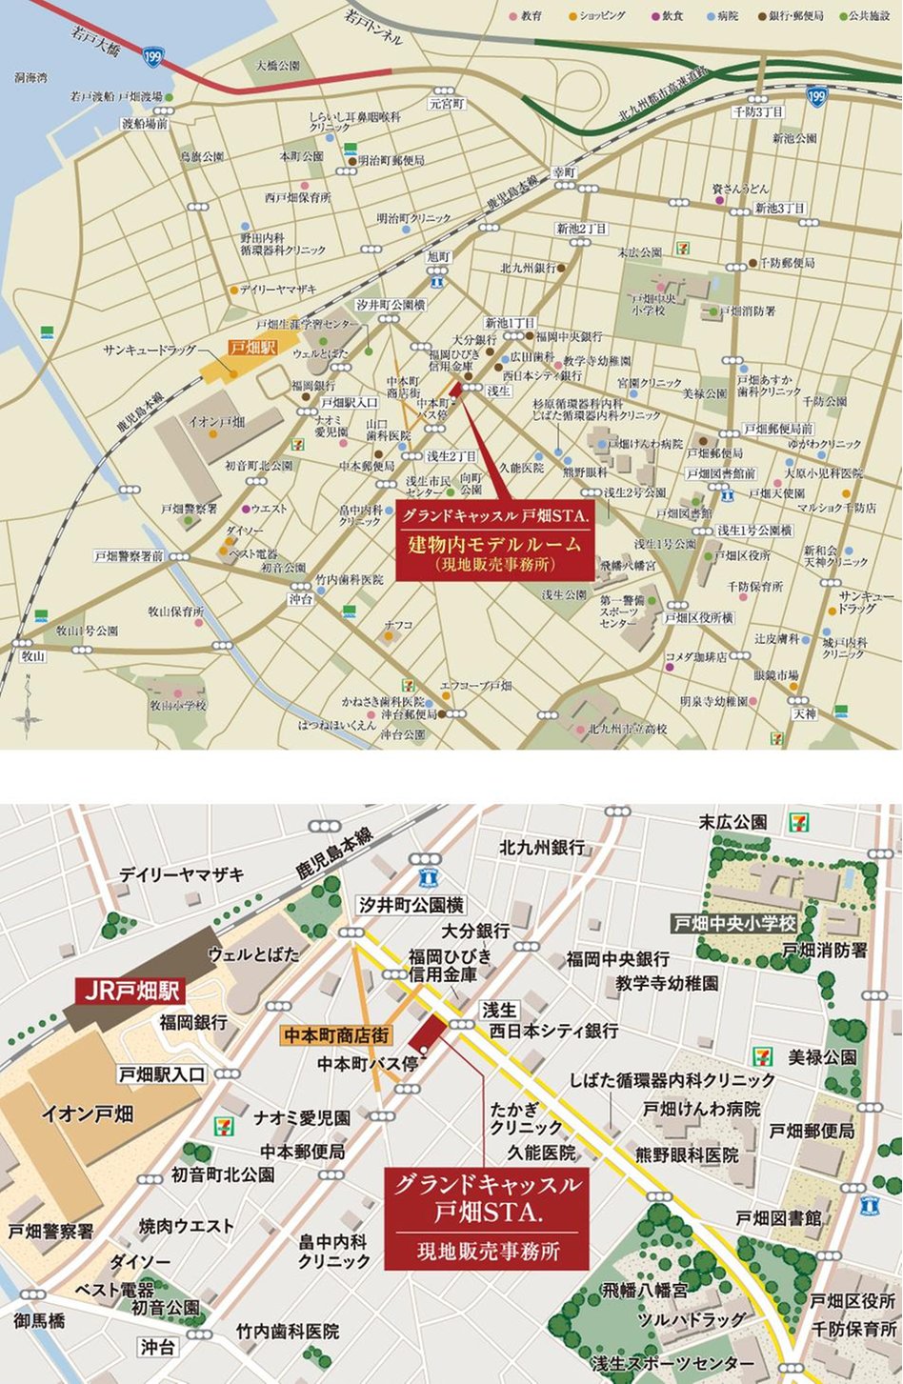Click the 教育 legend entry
pos(526,16)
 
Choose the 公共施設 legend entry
pos(863,16)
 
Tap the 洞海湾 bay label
pos(30,79)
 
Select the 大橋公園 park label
pos(277,66)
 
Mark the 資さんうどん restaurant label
pos(740,190)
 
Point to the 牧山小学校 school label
pos(177,706)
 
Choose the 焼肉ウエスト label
pos(186,1226)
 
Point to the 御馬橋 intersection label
pos(39,1320)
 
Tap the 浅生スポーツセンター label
pos(672,1364)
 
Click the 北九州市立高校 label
pos(627,729)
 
